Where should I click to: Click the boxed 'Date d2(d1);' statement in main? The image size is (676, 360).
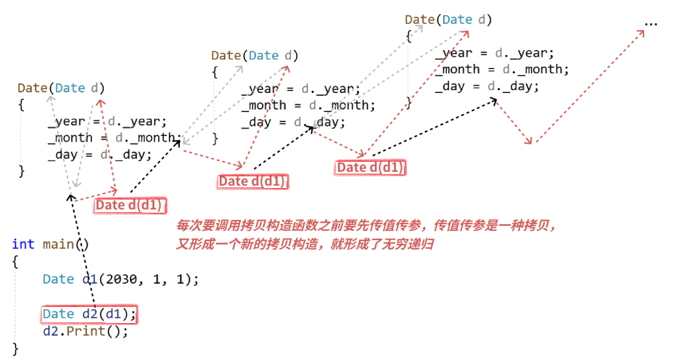[x=88, y=314]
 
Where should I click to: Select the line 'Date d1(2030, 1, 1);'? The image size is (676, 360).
[x=120, y=279]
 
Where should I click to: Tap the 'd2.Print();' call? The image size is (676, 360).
[x=85, y=332]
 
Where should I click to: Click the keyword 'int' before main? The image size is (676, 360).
[x=22, y=245]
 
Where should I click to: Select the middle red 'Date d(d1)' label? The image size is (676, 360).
[x=252, y=181]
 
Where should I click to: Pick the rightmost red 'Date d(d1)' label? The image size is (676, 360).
[x=370, y=168]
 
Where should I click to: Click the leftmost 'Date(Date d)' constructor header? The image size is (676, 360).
[x=61, y=89]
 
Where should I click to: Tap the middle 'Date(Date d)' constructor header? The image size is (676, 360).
[x=255, y=55]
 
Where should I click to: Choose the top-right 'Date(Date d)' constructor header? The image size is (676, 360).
[x=448, y=20]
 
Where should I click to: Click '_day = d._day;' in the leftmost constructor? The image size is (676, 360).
[x=99, y=154]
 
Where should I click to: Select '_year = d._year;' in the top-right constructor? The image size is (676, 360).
[x=495, y=53]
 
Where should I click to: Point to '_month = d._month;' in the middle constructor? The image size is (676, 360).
[x=308, y=105]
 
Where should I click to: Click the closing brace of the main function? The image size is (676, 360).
[x=15, y=349]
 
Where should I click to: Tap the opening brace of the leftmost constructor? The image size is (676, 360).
[x=22, y=105]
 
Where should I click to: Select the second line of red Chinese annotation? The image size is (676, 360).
[x=305, y=244]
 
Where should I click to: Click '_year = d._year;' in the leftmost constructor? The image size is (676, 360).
[x=107, y=121]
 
